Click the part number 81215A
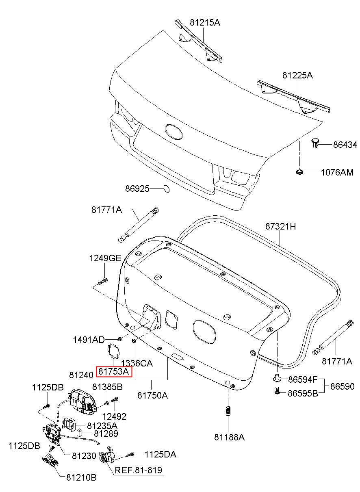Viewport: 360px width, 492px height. point(205,22)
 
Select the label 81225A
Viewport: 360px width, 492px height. point(297,75)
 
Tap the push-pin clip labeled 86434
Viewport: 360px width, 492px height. point(315,144)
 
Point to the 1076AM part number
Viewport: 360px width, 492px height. point(337,172)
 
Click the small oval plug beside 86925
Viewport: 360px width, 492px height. point(167,189)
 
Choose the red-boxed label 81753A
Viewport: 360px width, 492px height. point(114,371)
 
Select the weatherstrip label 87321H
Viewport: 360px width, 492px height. point(280,226)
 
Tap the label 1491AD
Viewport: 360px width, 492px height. point(89,340)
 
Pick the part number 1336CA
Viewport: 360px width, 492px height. point(137,363)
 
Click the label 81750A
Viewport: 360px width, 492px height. point(152,395)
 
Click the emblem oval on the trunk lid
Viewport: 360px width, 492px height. point(174,132)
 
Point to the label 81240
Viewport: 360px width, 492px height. point(81,375)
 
